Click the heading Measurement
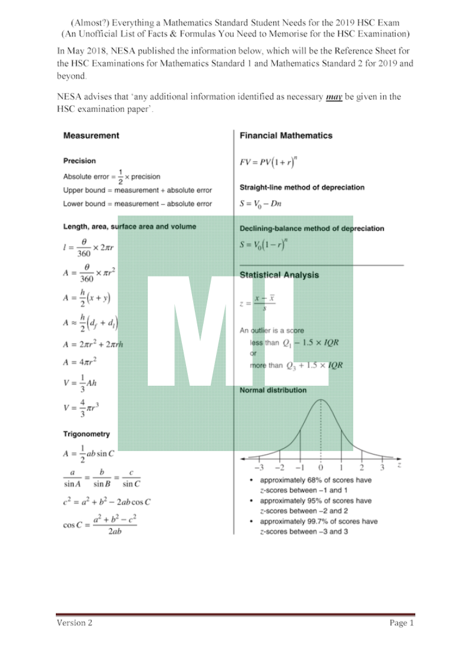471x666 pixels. (x=91, y=135)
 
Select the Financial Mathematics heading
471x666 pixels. (x=286, y=135)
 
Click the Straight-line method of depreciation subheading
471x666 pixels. (x=302, y=187)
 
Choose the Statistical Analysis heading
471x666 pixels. (x=279, y=275)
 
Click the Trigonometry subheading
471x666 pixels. (x=87, y=434)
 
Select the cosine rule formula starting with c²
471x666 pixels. (x=107, y=502)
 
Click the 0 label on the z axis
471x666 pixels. (x=321, y=468)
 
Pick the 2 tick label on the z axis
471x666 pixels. (x=361, y=468)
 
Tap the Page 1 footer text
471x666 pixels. (x=402, y=623)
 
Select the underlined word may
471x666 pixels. (x=334, y=97)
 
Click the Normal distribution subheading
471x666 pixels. (x=273, y=390)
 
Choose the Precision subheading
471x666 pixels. (x=79, y=161)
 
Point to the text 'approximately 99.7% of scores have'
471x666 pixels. (x=319, y=521)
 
